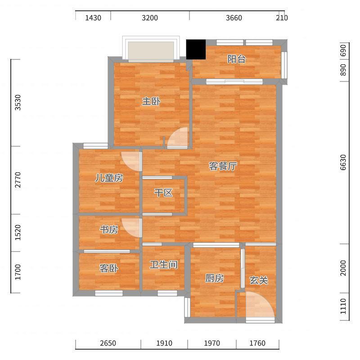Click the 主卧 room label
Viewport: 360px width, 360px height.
click(x=151, y=101)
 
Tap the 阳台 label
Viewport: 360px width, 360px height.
click(x=237, y=59)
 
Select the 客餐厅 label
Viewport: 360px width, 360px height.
click(x=223, y=166)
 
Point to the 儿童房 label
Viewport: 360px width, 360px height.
click(x=109, y=178)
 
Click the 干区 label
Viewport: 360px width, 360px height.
click(x=163, y=193)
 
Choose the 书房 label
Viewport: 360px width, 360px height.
click(x=109, y=229)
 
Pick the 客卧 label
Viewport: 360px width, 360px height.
click(x=109, y=268)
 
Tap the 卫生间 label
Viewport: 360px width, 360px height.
click(x=164, y=265)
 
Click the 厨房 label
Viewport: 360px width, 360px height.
click(x=215, y=279)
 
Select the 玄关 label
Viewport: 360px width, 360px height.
click(x=259, y=280)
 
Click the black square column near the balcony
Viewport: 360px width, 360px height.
click(x=196, y=49)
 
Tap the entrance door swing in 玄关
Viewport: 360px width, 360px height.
click(x=260, y=306)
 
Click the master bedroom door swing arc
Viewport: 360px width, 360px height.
click(x=177, y=137)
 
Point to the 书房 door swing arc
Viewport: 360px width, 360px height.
click(x=131, y=228)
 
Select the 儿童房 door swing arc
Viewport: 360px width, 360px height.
click(x=131, y=161)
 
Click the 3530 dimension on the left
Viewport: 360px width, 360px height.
click(x=18, y=103)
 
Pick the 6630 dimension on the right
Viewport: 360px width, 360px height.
click(x=343, y=162)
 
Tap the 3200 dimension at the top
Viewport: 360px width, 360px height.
click(x=150, y=18)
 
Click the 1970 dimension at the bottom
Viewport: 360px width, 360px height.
click(x=212, y=343)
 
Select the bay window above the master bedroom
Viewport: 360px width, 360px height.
click(x=151, y=49)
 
